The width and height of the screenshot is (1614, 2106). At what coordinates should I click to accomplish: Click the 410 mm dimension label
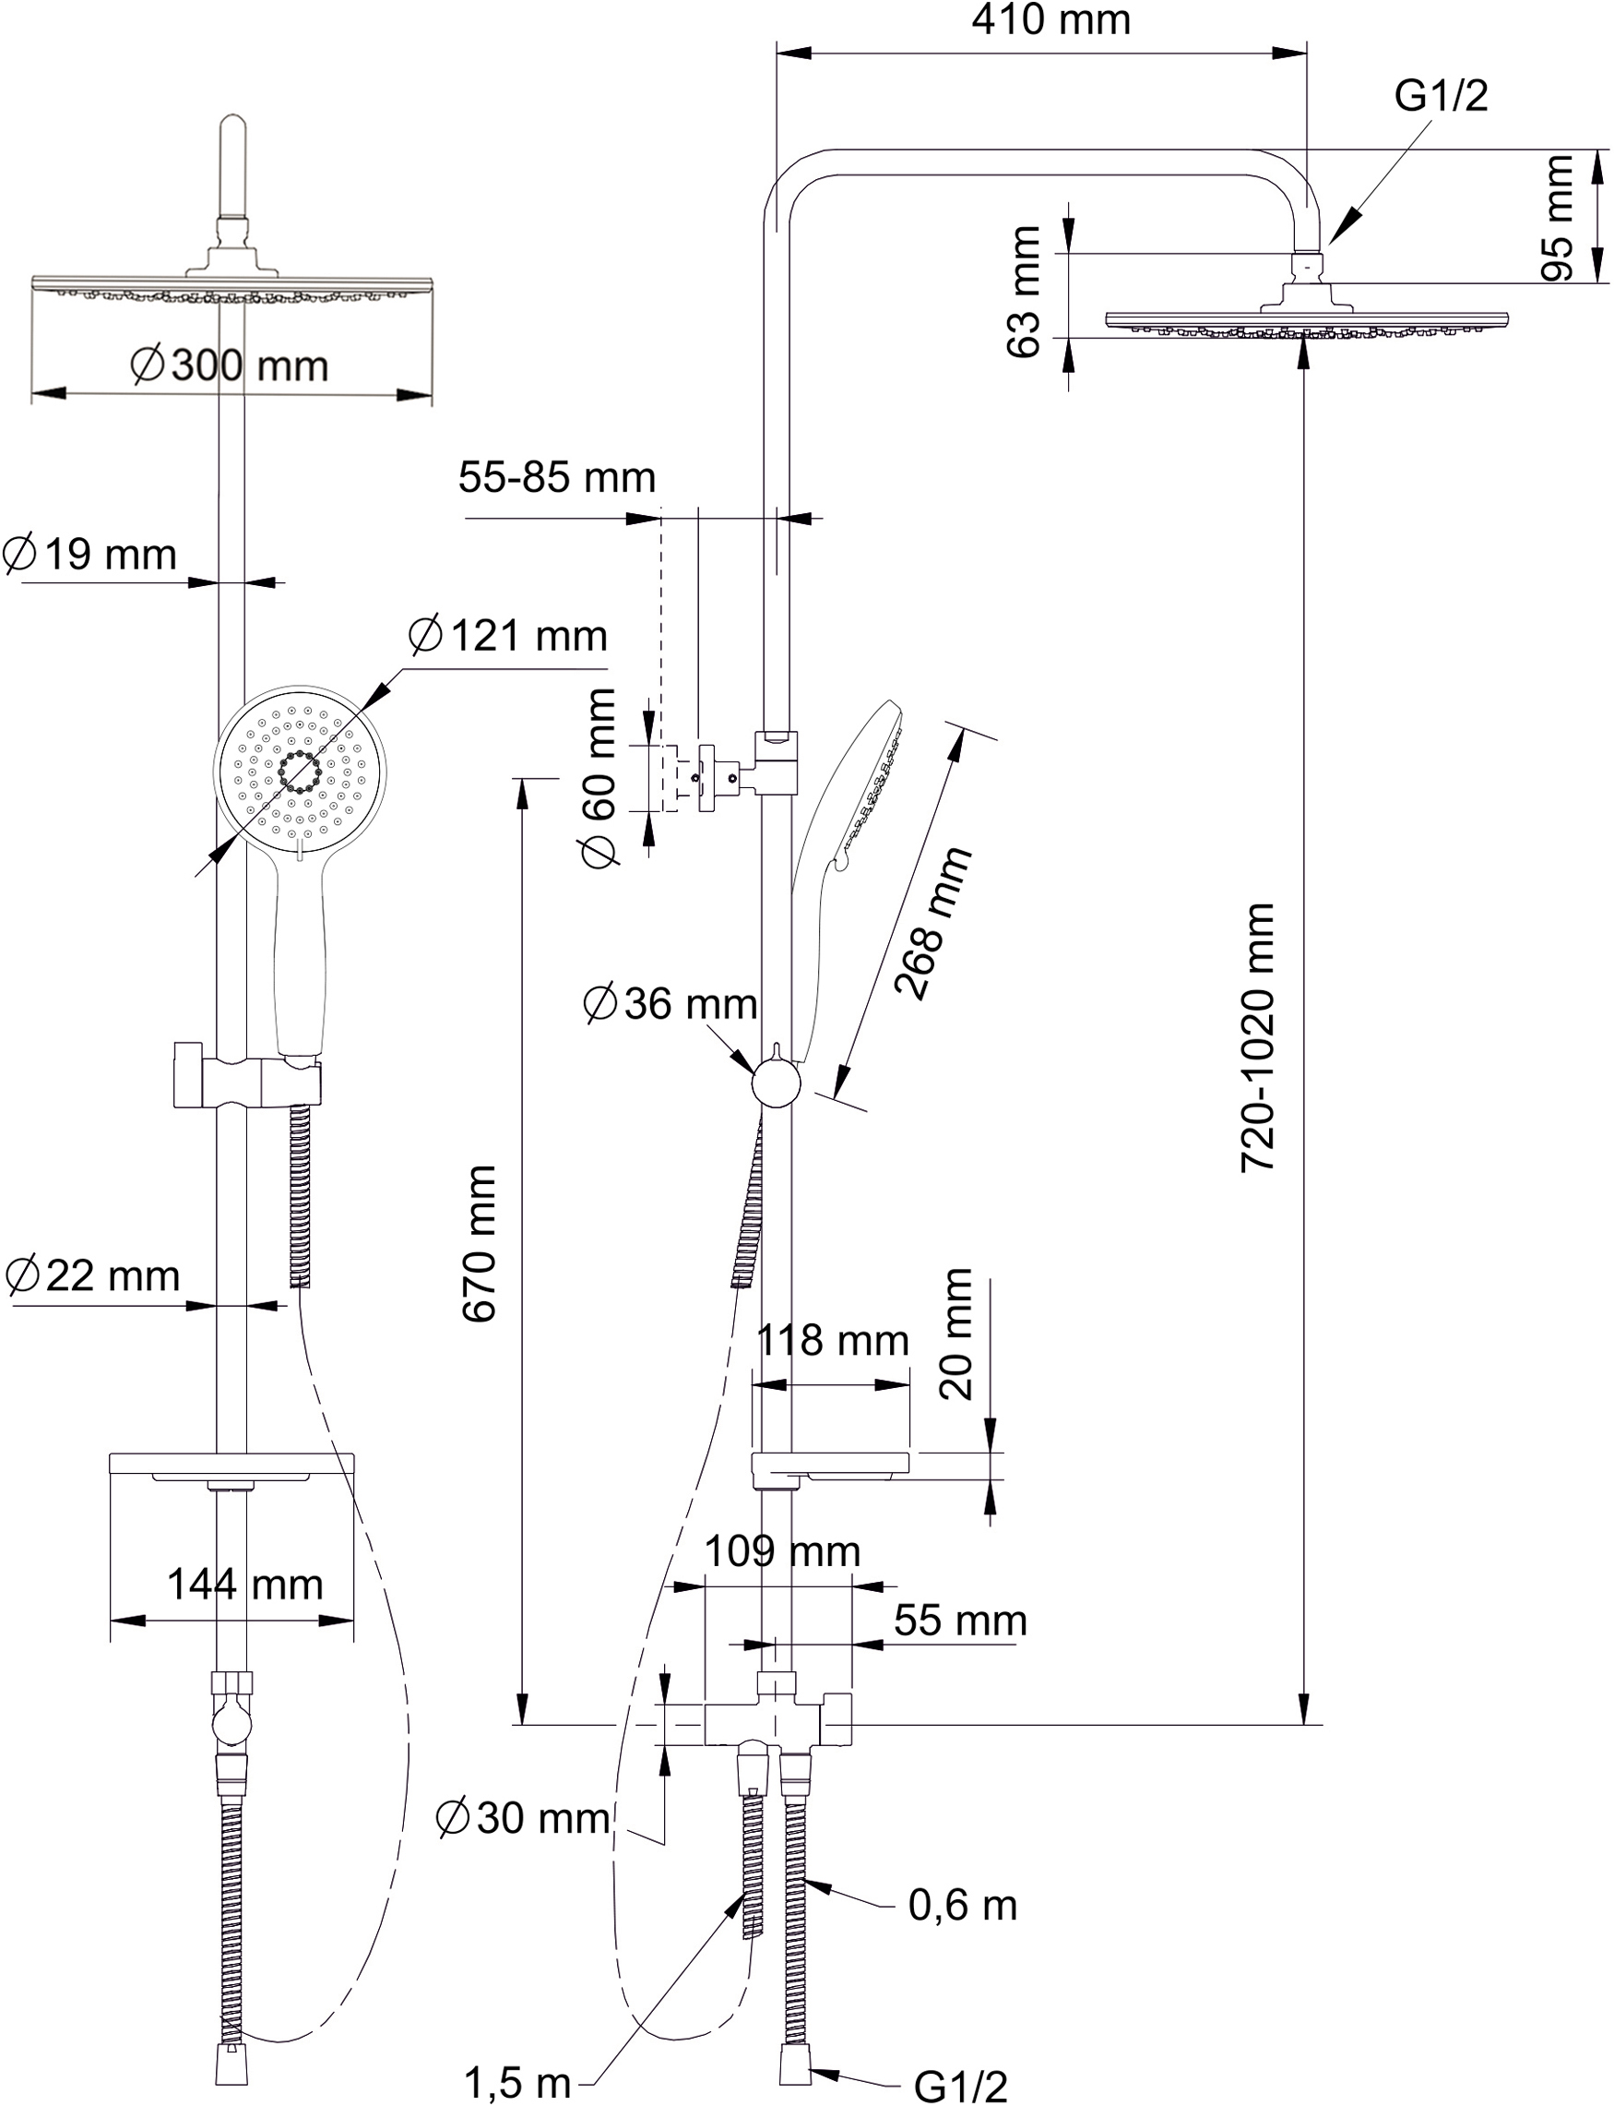coord(1050,20)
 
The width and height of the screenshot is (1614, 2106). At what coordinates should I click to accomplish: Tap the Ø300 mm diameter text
coord(230,366)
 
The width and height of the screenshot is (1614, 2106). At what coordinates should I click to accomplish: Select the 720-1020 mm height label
coord(1259,1036)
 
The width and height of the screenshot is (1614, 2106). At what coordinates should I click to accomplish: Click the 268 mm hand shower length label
coord(932,923)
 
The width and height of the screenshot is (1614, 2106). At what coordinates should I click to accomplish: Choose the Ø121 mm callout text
coord(507,636)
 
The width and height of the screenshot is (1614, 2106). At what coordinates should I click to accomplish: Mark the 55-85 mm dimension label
coord(556,478)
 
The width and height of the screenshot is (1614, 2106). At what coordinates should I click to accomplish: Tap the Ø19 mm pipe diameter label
coord(90,556)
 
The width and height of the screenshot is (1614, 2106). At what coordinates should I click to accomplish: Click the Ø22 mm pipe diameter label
coord(92,1277)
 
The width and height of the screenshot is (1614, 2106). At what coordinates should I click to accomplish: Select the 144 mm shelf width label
coord(245,1585)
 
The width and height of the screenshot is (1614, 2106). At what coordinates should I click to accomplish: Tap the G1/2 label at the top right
coord(1441,96)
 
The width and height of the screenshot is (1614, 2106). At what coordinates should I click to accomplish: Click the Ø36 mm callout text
coord(670,1004)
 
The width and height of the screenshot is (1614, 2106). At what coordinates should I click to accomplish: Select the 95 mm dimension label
coord(1559,217)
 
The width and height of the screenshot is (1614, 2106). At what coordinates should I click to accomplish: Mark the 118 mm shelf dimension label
coord(832,1341)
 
